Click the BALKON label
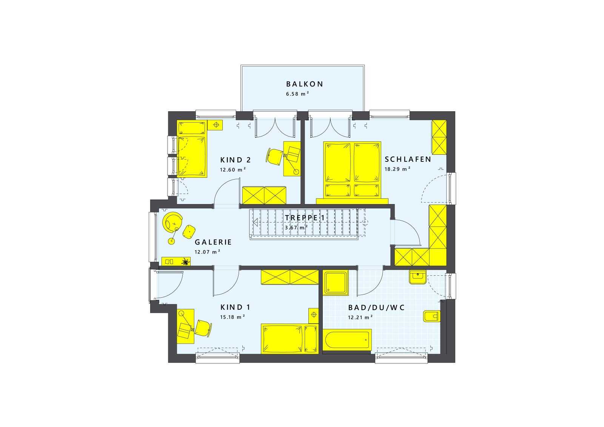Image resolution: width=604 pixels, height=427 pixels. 304,84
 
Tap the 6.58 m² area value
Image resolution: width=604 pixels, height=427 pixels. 297,94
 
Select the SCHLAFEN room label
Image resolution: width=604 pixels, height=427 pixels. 408,159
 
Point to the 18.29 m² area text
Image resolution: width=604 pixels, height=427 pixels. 398,169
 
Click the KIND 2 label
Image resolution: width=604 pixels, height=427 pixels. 236,160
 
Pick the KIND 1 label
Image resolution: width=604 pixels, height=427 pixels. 236,307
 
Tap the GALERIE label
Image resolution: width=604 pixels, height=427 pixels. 213,242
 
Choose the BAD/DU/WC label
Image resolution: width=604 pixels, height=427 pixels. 376,308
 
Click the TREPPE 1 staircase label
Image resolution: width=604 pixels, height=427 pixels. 305,218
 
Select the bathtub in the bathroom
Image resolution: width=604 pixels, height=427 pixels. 347,340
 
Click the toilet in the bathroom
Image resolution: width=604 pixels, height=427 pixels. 432,316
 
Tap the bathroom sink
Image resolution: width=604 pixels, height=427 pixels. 418,277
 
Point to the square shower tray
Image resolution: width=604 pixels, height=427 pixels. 336,283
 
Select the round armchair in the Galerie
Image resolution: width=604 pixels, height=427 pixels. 172,222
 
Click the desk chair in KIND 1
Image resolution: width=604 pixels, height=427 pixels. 203,329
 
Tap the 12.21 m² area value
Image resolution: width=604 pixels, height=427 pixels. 360,317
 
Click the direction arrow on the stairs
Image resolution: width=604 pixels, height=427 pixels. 256,222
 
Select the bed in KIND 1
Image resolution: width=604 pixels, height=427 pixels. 290,339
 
